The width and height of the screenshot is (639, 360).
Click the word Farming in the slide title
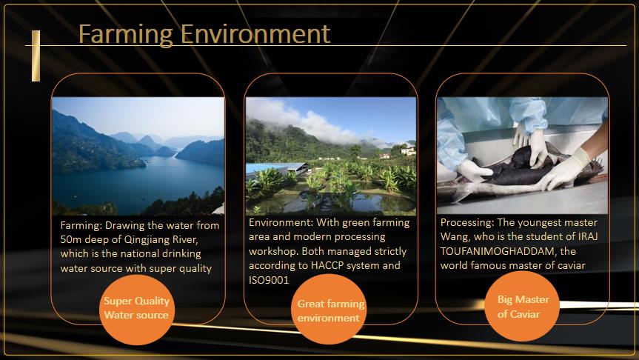point(126,34)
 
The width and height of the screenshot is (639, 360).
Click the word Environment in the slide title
point(255,33)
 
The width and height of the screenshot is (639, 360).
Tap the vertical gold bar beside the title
point(36,56)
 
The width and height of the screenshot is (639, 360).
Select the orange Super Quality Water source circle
point(136,310)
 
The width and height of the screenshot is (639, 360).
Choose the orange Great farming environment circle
point(329,309)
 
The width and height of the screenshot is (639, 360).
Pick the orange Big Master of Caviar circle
point(521,306)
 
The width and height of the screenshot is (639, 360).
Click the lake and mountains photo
point(138,156)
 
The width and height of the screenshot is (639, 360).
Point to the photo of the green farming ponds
point(330,156)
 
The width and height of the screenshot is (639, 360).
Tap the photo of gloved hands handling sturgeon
point(523,156)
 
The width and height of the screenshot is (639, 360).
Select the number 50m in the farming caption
point(71,239)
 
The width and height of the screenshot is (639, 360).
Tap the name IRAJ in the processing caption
point(588,236)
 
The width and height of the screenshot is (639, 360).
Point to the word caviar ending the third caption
point(572,266)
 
